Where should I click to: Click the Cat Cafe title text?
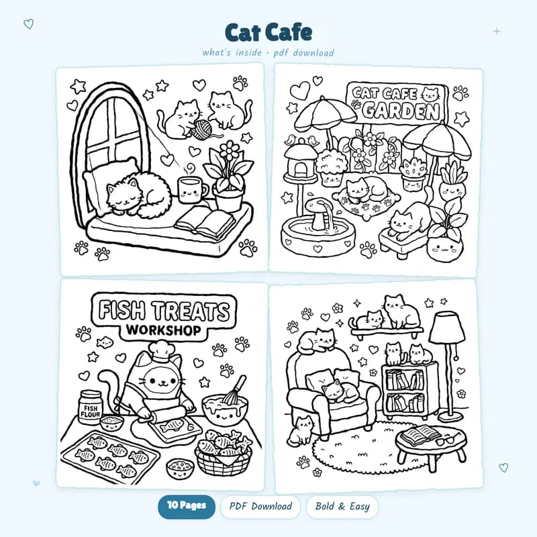click(x=268, y=32)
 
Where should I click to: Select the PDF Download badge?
click(x=260, y=506)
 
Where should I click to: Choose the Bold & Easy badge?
click(x=342, y=506)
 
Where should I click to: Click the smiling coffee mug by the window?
click(x=190, y=189)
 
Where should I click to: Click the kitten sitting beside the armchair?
click(x=301, y=431)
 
